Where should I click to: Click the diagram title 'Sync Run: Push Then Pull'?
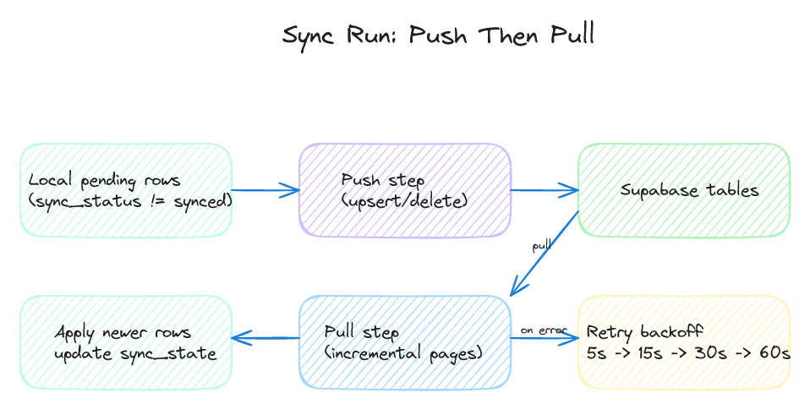438,35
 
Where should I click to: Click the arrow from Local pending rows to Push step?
265,190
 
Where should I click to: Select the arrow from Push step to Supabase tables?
545,190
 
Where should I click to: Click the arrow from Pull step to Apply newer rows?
265,338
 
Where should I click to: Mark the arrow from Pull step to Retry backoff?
545,338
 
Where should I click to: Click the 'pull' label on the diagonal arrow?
541,246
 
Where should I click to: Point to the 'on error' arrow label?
543,330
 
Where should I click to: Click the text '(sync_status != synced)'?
130,201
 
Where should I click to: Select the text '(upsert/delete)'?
404,201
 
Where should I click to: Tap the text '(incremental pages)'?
403,353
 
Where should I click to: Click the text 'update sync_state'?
135,353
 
